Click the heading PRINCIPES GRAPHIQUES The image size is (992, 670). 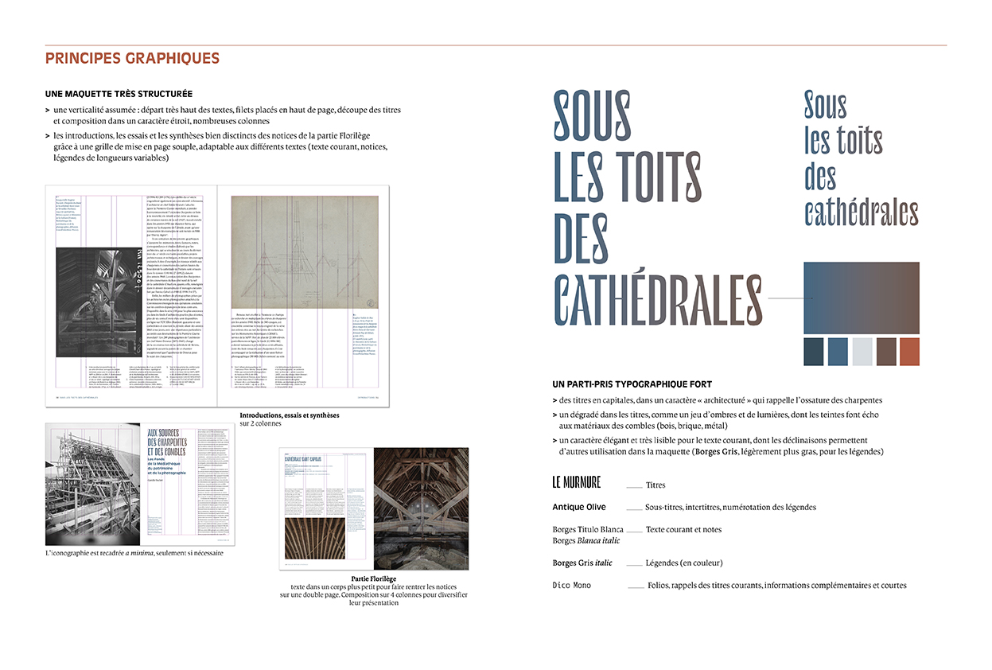pyautogui.click(x=132, y=59)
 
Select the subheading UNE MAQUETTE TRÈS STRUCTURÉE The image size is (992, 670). pyautogui.click(x=119, y=94)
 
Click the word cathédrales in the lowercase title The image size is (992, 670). pyautogui.click(x=862, y=212)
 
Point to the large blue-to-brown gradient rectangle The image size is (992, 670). pyautogui.click(x=862, y=298)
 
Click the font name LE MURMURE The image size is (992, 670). pyautogui.click(x=577, y=483)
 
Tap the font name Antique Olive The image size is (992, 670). pyautogui.click(x=579, y=507)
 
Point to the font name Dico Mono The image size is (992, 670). pyautogui.click(x=572, y=586)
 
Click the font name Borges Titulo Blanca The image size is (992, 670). pyautogui.click(x=588, y=529)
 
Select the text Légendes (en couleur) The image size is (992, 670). pyautogui.click(x=684, y=563)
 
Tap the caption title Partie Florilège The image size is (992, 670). pyautogui.click(x=373, y=578)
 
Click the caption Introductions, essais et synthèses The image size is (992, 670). pyautogui.click(x=290, y=415)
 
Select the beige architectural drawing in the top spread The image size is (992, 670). pyautogui.click(x=305, y=252)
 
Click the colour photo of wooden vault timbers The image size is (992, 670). pyautogui.click(x=420, y=508)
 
